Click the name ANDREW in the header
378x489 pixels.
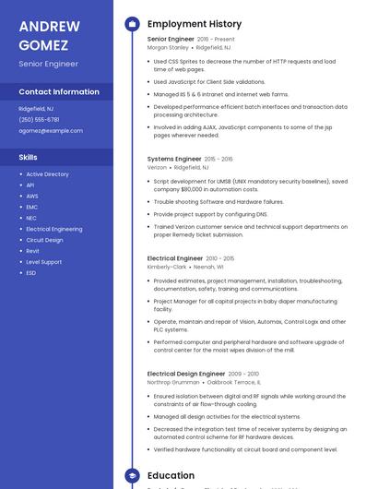click(49, 26)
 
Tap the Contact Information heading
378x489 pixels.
click(59, 92)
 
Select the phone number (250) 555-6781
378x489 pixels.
click(39, 120)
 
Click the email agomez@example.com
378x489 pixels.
click(51, 131)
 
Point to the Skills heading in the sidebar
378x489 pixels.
click(28, 158)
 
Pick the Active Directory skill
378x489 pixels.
click(47, 174)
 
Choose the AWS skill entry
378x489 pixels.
click(32, 196)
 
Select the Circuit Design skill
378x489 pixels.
click(44, 240)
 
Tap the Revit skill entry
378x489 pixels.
click(32, 251)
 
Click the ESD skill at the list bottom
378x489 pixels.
click(31, 273)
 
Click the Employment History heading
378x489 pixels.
click(194, 24)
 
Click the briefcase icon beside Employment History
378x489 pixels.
click(132, 24)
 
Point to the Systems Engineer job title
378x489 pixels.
click(174, 159)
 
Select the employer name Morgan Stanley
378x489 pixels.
click(168, 47)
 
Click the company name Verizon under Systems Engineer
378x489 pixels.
click(157, 168)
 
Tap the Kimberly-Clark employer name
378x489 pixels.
click(167, 268)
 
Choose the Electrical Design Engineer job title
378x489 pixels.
click(186, 374)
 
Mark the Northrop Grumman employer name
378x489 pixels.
click(172, 382)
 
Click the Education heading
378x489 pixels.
click(171, 476)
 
